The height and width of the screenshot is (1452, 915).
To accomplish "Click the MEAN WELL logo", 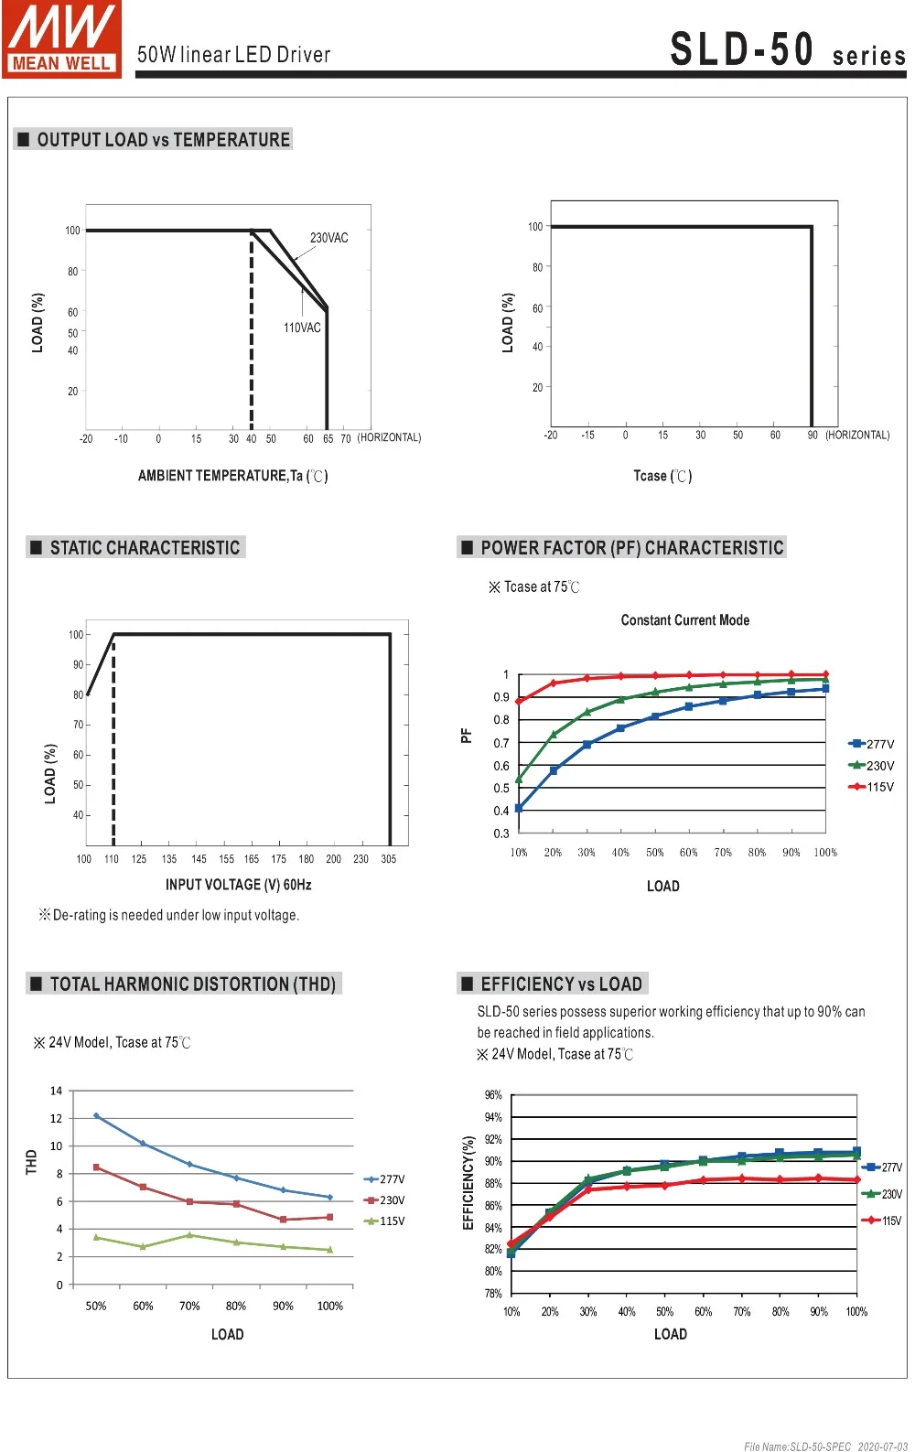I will (61, 39).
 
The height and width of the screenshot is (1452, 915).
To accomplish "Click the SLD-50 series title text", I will (787, 50).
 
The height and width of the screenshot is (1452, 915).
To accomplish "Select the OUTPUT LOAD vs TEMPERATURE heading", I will (163, 140).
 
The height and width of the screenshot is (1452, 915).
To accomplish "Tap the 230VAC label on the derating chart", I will (328, 238).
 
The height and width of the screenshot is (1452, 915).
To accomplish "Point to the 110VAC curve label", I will (302, 328).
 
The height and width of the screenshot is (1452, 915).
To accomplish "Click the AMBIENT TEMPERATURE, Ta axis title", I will (232, 476).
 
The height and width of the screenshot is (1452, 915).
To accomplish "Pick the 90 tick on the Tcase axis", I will (813, 436).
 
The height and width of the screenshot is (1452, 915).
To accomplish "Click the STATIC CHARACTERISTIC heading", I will (145, 548).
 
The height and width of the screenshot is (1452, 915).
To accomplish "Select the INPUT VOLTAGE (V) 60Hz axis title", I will (238, 885).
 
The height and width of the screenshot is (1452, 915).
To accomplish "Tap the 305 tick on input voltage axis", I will (389, 859).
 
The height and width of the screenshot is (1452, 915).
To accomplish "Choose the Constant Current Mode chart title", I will (684, 620).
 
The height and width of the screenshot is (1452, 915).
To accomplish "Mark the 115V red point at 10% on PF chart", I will (519, 702).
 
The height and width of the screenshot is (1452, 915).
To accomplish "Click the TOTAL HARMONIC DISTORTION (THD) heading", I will (192, 984).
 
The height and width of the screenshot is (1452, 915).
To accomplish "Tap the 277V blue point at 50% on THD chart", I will (96, 1116).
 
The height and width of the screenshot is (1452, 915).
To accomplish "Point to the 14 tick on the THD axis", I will (57, 1091).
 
